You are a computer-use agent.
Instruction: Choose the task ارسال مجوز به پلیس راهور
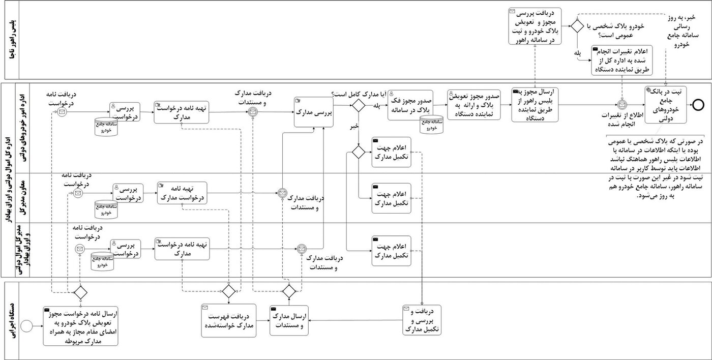click(x=535, y=105)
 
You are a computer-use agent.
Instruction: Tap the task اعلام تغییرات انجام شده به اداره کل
click(x=621, y=60)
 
